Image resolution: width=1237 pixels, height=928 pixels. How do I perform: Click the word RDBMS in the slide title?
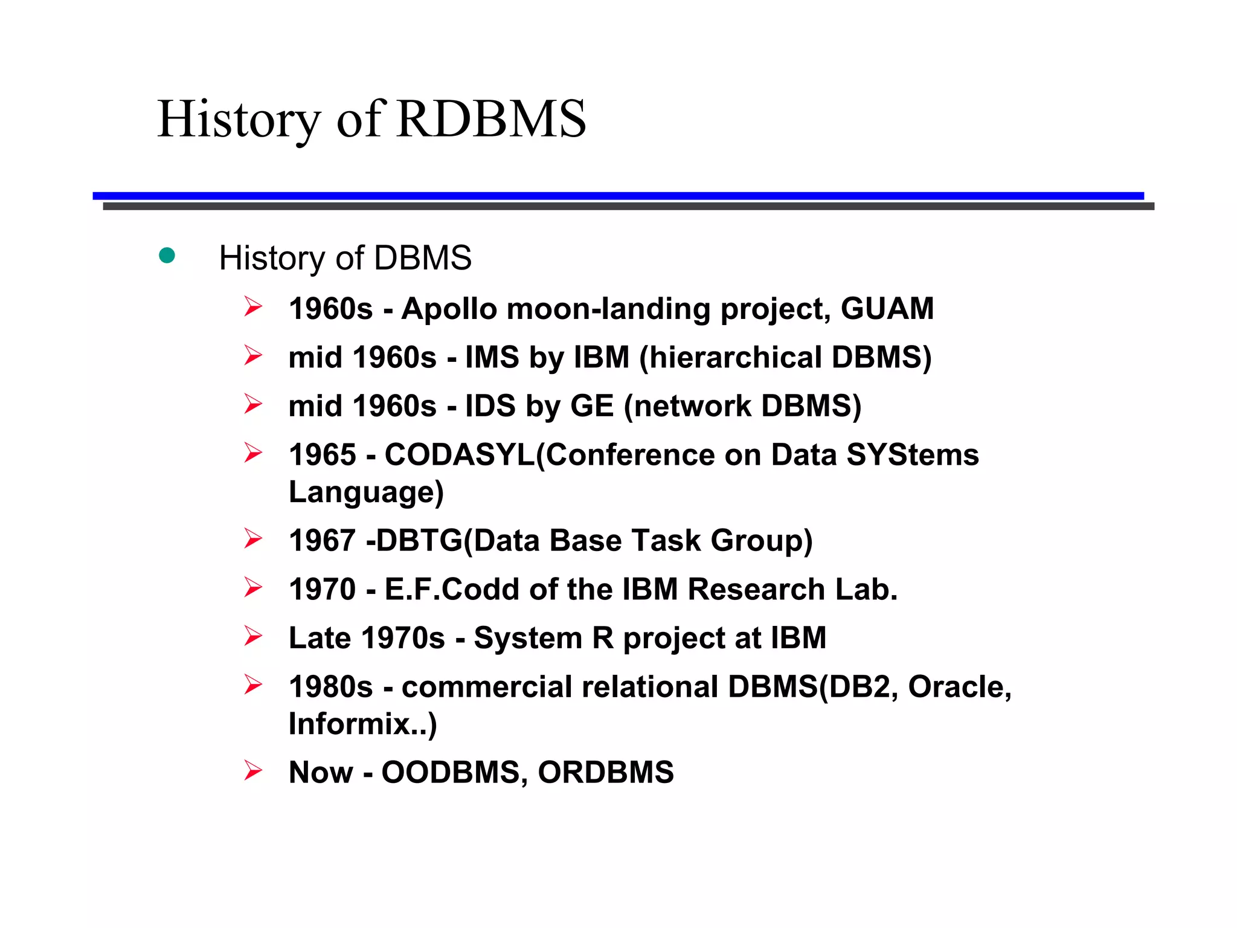[491, 119]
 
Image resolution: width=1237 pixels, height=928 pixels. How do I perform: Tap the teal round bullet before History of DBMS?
[167, 256]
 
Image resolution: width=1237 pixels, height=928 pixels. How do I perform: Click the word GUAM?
[887, 309]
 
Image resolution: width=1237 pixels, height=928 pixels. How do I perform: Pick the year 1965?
[323, 455]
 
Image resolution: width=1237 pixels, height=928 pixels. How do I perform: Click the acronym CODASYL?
[460, 455]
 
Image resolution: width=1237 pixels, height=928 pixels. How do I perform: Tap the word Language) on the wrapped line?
[366, 492]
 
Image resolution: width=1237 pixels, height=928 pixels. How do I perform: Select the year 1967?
[323, 540]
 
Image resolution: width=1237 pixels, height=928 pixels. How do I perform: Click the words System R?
[543, 638]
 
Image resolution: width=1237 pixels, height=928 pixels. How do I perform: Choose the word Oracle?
[959, 687]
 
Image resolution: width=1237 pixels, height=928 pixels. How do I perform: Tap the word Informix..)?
[362, 724]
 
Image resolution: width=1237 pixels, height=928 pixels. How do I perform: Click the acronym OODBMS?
[451, 772]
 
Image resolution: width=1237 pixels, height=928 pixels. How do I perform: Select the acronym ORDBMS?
[605, 772]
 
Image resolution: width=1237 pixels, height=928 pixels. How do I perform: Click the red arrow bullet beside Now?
[253, 770]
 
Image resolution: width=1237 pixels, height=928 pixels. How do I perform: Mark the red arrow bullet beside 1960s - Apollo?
[253, 307]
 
